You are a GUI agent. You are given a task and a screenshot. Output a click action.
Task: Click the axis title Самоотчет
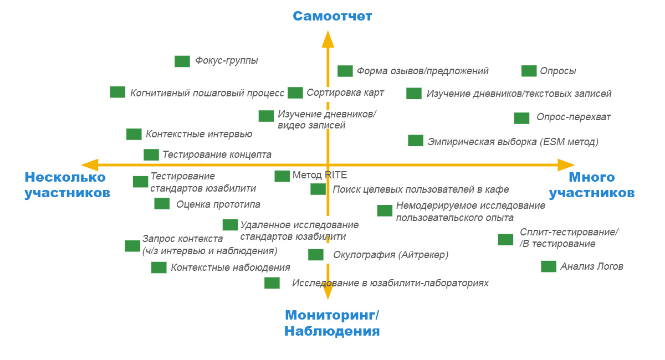coord(332,16)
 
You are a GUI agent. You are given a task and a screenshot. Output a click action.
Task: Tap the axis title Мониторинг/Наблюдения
coord(332,323)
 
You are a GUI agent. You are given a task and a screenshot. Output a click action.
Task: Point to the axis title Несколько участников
coord(67,185)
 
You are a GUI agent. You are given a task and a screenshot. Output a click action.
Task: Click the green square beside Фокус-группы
coord(182,61)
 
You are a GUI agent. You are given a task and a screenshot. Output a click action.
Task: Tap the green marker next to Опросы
coord(529,71)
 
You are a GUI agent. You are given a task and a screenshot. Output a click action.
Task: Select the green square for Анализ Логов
coord(549,266)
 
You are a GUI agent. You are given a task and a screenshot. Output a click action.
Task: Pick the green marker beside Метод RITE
coord(282,176)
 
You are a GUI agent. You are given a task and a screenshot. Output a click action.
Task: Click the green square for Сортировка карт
coord(295,92)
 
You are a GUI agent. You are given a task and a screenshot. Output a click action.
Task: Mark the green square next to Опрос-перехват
coord(521,118)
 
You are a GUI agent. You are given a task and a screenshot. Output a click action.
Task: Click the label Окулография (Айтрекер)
coord(391,255)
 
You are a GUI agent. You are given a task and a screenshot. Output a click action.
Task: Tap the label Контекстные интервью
coord(199,134)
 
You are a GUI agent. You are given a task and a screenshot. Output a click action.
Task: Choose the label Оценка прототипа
coord(218,204)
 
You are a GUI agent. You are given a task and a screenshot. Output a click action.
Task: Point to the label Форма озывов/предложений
coord(422,71)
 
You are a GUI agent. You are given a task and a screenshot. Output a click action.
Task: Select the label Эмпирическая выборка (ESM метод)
coord(513,142)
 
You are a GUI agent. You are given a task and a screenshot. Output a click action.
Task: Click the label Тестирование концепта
coord(217,155)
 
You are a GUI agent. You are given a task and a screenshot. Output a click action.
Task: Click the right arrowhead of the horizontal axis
coord(566,164)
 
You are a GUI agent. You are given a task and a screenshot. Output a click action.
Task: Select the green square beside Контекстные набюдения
coord(159,268)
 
